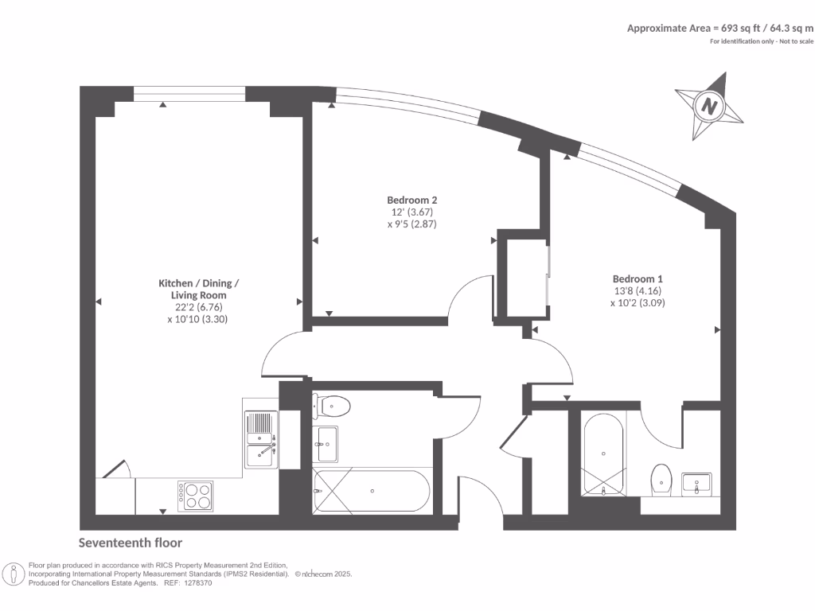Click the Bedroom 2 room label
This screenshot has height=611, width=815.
click(x=411, y=200)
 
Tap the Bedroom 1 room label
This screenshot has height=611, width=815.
click(x=638, y=278)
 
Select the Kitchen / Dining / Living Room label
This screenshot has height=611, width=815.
click(x=198, y=290)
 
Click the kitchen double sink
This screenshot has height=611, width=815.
click(x=260, y=440)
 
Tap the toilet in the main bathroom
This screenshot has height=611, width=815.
click(x=333, y=406)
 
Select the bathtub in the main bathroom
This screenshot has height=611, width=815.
click(x=372, y=491)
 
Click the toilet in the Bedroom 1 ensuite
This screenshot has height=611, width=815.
click(x=661, y=479)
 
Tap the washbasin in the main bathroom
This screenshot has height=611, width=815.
click(x=326, y=443)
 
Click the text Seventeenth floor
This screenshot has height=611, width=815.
click(x=131, y=543)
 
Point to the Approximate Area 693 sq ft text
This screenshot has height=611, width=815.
click(x=719, y=28)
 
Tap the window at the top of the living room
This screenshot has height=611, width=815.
click(x=189, y=94)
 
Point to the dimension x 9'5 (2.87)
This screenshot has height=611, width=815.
click(x=412, y=224)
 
